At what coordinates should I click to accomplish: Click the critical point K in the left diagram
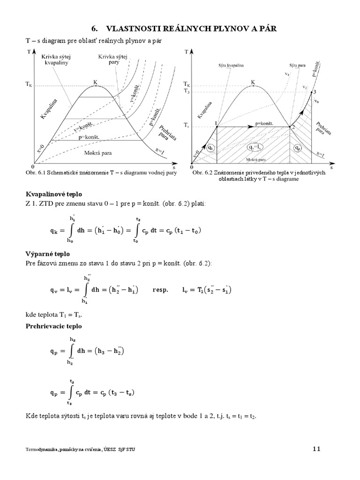95,85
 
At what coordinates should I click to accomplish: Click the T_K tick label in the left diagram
29,85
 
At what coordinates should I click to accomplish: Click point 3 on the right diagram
315,92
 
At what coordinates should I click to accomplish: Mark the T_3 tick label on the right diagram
188,92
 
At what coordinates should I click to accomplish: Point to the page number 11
315,449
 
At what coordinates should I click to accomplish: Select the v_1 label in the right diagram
287,74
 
